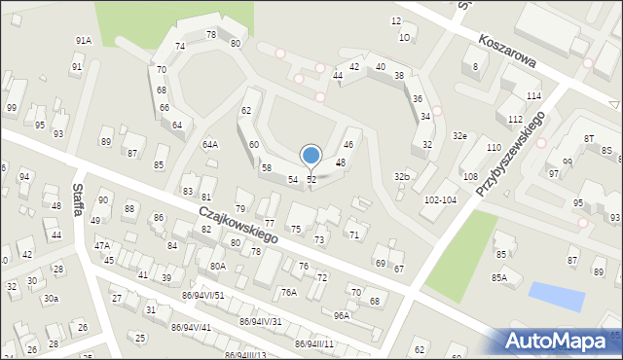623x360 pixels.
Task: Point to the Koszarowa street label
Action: tap(508, 48)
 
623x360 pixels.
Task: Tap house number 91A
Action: tap(84, 40)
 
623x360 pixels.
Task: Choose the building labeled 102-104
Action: tap(440, 198)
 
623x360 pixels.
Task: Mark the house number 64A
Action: tap(210, 144)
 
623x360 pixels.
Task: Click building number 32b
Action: tap(401, 176)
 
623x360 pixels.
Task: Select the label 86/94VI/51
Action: tap(203, 295)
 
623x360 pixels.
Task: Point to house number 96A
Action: tap(341, 315)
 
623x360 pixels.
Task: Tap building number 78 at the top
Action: tap(211, 34)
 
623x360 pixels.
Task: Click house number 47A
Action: tap(101, 246)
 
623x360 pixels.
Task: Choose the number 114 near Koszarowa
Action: tap(533, 95)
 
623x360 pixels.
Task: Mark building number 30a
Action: tap(50, 299)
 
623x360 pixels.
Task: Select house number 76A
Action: tap(288, 292)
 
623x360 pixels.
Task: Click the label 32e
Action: tap(459, 136)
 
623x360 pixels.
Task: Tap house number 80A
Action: tap(217, 266)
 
